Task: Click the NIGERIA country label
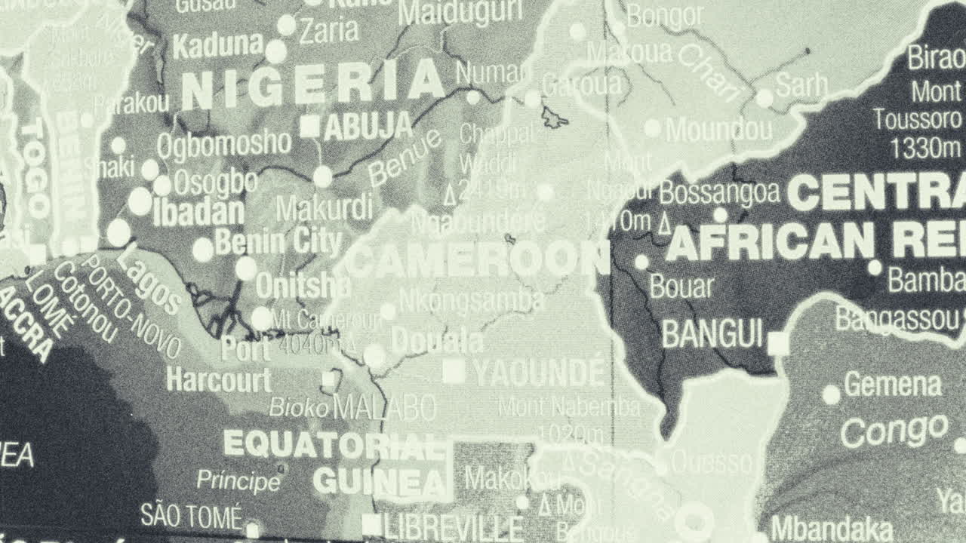(312, 85)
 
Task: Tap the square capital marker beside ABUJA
(310, 126)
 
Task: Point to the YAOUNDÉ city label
(540, 373)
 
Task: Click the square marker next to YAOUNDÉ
(454, 372)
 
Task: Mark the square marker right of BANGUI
(777, 344)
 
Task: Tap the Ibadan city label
(198, 212)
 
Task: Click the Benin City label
(278, 242)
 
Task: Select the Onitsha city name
(303, 285)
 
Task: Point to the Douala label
(437, 342)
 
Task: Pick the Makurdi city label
(324, 207)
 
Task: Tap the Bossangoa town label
(718, 192)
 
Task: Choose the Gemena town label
(893, 385)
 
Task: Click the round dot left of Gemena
(831, 394)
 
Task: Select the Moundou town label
(718, 130)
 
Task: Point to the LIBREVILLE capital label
(453, 527)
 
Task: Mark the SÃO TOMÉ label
(191, 517)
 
